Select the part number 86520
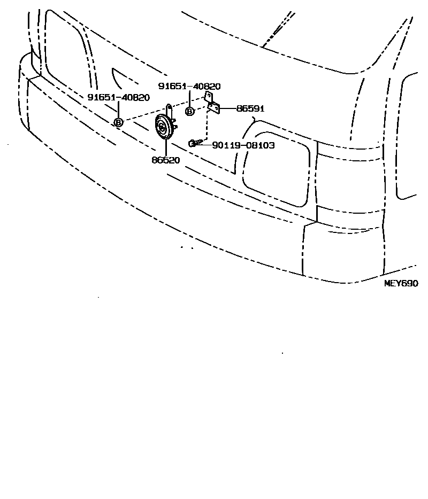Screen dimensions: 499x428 (x=165, y=159)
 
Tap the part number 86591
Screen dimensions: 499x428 (x=250, y=108)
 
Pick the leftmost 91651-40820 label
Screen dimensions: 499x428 (x=118, y=97)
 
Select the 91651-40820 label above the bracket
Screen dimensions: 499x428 (x=189, y=86)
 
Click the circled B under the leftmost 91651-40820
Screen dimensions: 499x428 (x=118, y=122)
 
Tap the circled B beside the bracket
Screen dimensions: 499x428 (x=189, y=111)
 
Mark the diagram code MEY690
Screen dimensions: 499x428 (x=401, y=283)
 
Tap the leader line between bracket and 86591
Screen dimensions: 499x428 (x=228, y=108)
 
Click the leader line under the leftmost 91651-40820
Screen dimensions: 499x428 (x=118, y=110)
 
